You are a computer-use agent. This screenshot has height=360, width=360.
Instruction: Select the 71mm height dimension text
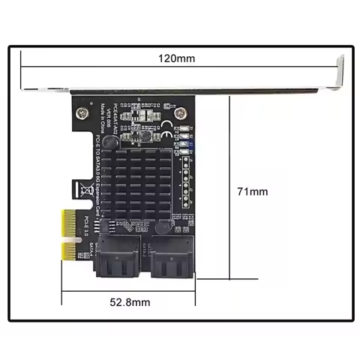point(252,193)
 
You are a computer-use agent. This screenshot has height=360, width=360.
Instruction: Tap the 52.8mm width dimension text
point(129,302)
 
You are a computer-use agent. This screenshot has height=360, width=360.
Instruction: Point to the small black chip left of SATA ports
point(108,227)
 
